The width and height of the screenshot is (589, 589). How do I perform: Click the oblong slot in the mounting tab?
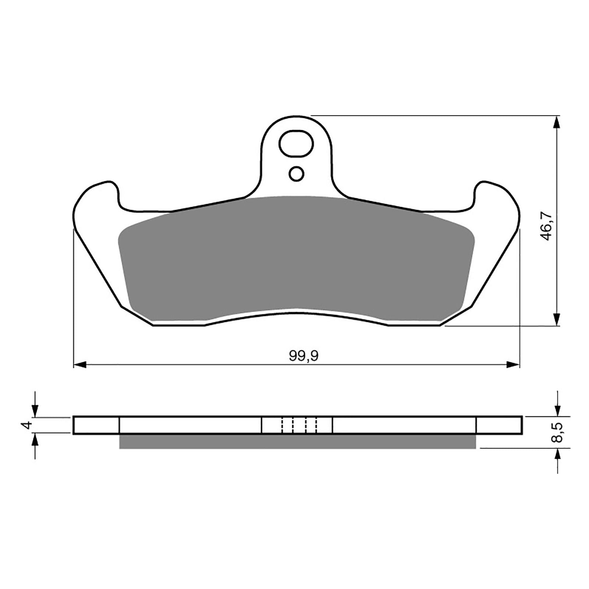coord(296,143)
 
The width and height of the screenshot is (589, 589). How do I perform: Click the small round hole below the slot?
coord(296,173)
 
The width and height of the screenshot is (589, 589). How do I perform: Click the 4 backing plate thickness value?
coord(26,426)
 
